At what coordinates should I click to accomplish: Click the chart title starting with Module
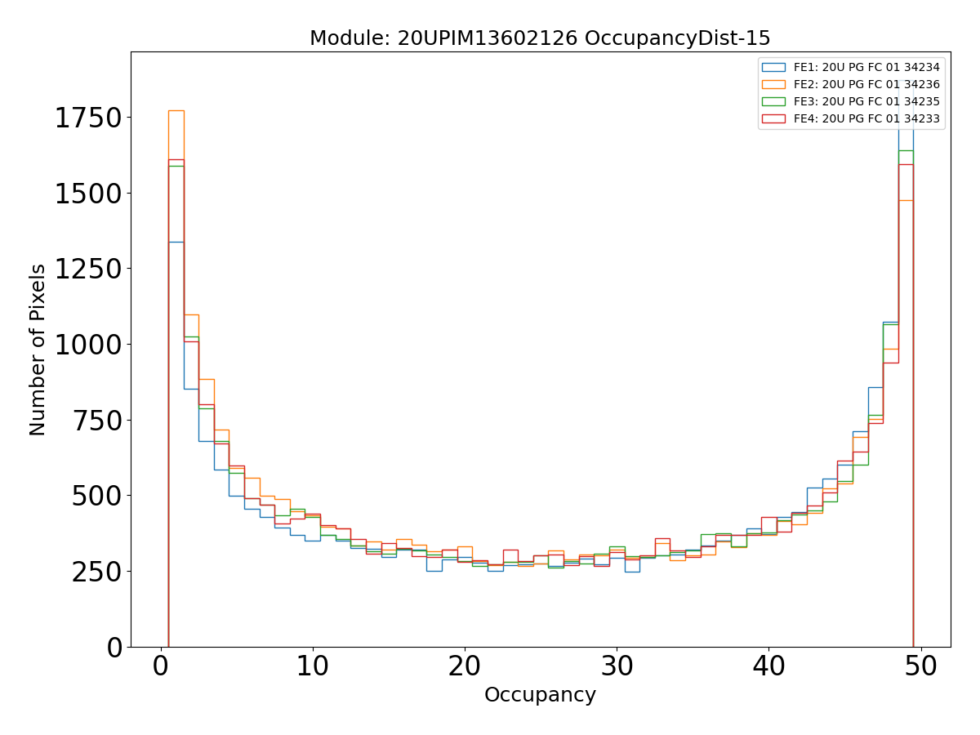540,38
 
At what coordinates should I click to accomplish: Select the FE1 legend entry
866,67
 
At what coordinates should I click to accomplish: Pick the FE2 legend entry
866,84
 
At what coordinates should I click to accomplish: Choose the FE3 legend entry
866,101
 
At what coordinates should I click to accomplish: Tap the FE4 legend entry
866,118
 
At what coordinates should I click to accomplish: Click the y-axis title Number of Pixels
38,350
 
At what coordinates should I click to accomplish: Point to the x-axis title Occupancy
540,695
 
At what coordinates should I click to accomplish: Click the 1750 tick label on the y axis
88,118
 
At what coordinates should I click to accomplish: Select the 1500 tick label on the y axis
88,194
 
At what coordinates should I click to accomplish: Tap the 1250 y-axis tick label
88,269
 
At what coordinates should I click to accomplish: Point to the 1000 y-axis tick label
88,345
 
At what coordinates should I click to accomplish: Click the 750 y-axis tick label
98,421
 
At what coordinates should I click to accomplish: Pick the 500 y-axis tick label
98,496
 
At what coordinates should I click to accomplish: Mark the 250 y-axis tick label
98,572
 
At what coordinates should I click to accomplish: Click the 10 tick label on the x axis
313,666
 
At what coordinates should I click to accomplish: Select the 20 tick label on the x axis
465,666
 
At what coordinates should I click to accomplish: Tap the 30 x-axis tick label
617,666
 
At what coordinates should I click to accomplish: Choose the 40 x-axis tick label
768,666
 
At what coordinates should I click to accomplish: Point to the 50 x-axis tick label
920,666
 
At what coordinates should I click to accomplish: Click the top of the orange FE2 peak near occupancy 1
176,110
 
